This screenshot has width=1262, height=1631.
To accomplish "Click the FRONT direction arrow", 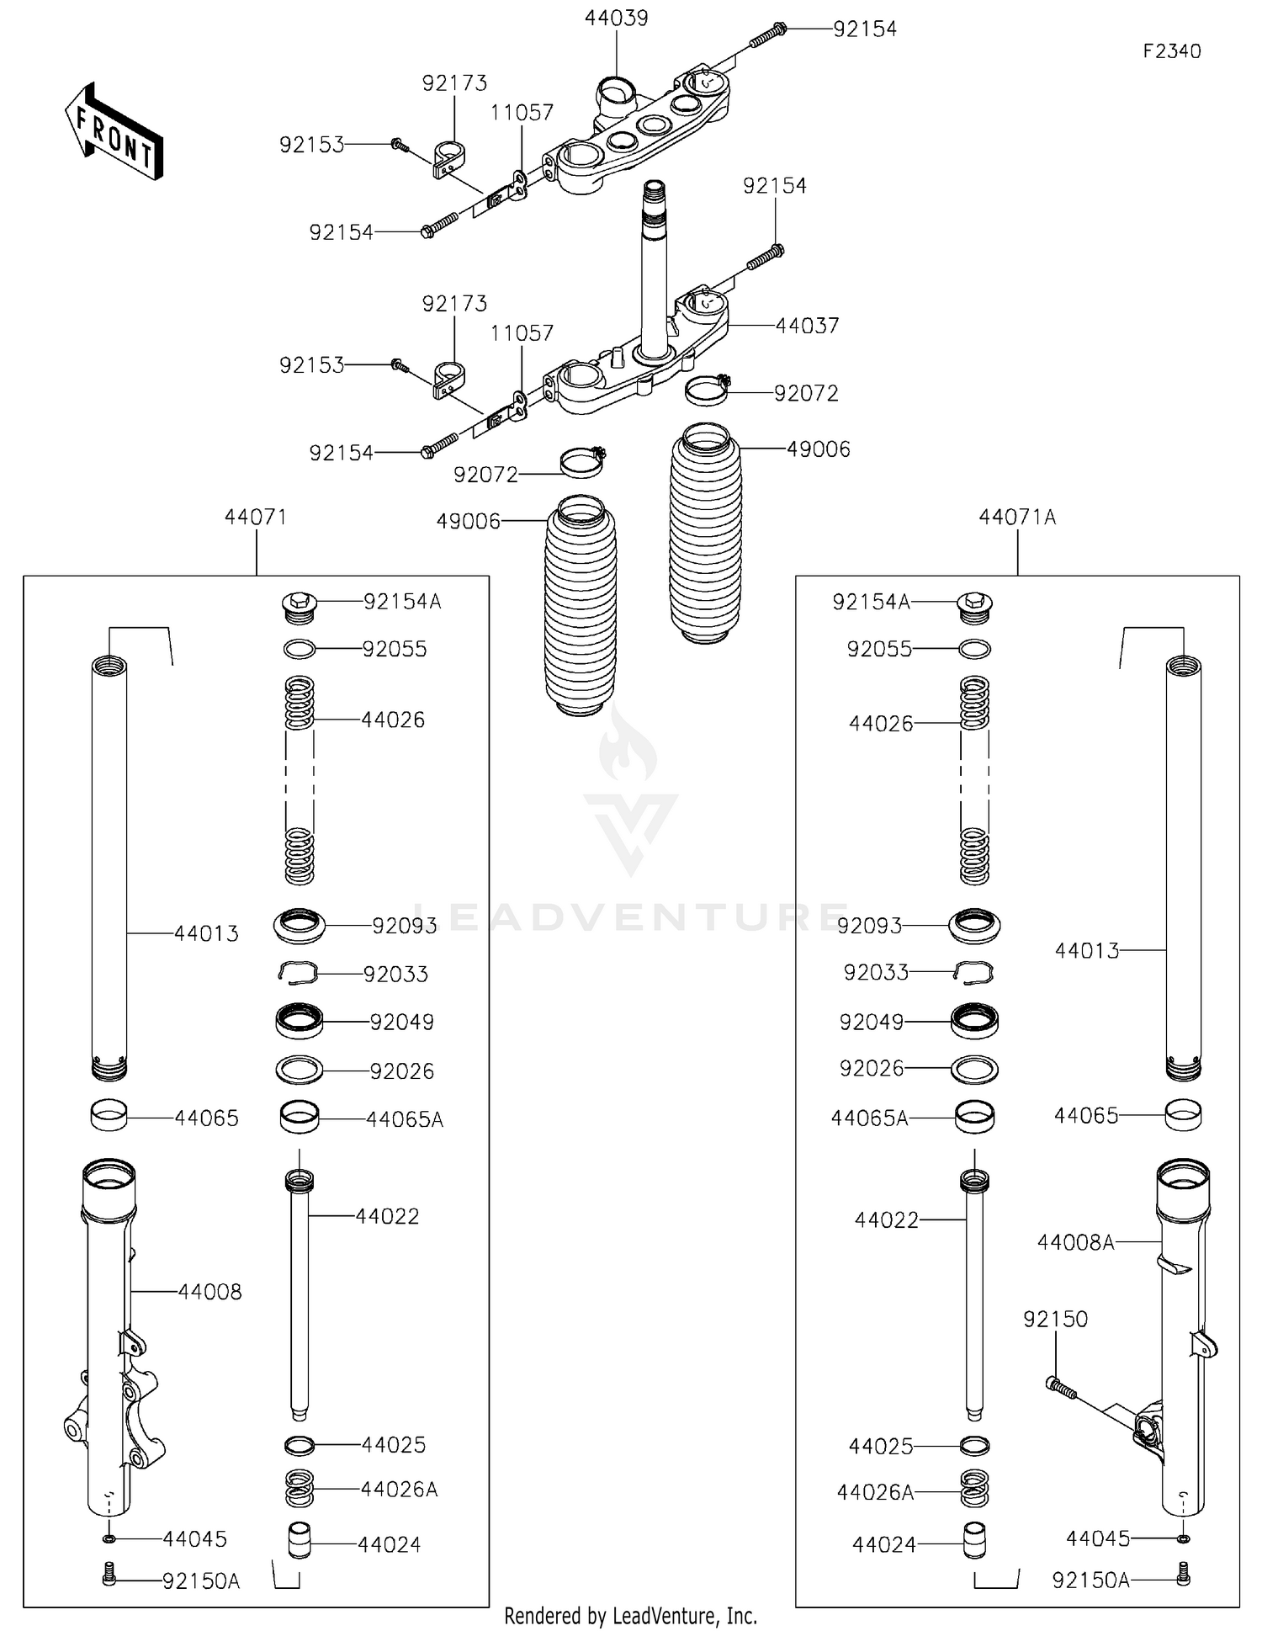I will click(x=114, y=132).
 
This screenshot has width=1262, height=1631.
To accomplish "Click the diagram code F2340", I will click(x=1171, y=51).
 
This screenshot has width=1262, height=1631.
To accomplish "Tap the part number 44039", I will click(x=617, y=18).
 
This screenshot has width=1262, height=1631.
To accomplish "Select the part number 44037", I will click(x=807, y=326).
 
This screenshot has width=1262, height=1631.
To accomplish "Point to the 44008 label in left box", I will click(x=209, y=1291).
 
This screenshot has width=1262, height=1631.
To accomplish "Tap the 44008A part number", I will click(x=1075, y=1241).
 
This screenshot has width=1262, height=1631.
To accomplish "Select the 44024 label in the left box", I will click(x=389, y=1544).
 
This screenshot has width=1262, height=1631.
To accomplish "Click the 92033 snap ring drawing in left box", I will click(x=298, y=972).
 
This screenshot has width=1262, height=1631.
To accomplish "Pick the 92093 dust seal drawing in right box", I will click(x=974, y=925).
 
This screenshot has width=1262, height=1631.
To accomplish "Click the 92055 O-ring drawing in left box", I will click(x=299, y=649).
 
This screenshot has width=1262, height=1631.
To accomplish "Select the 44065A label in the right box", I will click(x=869, y=1118).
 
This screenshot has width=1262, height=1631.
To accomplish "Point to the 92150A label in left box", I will click(x=201, y=1581).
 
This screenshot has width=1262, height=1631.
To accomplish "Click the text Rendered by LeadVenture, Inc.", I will click(x=630, y=1615).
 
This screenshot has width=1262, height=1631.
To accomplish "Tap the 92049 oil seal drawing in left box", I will click(x=299, y=1021).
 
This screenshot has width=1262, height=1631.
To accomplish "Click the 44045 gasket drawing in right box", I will click(x=1182, y=1538).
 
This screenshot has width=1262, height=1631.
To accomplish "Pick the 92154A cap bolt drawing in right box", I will click(x=975, y=606).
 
